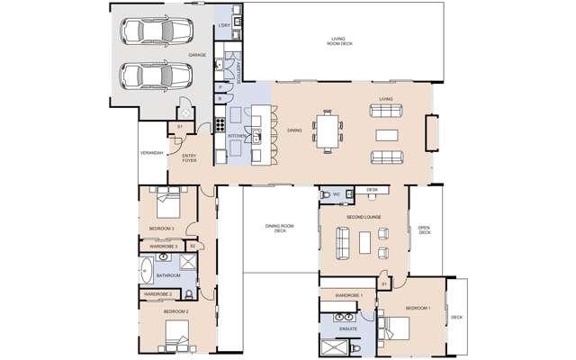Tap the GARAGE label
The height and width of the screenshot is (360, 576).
point(197,55)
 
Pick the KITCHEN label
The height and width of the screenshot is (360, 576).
point(236,136)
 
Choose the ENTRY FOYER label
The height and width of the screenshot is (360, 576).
point(190,158)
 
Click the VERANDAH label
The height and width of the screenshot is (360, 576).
point(151,153)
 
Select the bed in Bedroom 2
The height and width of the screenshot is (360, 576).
point(175,339)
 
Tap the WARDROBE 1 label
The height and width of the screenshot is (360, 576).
point(347,295)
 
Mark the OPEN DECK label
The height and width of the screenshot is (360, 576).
point(425,229)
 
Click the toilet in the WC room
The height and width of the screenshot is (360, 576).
point(326,193)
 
